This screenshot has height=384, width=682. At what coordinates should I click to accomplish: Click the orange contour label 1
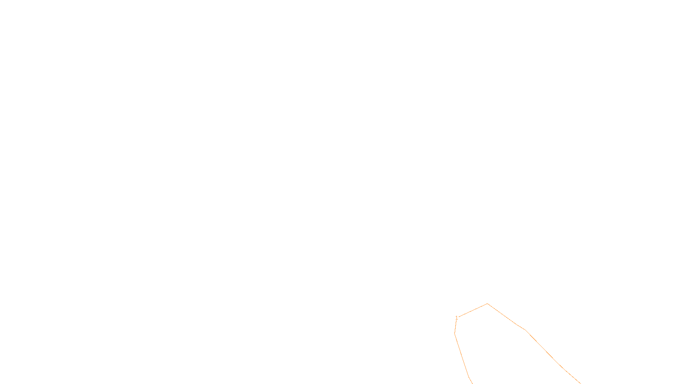tap(457, 317)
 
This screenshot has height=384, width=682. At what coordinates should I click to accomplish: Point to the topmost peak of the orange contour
tap(487, 304)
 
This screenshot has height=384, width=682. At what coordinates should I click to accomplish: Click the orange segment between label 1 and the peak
tap(472, 311)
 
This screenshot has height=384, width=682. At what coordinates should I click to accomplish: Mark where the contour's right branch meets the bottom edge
tap(580, 383)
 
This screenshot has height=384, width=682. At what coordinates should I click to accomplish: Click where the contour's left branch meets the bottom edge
tap(472, 383)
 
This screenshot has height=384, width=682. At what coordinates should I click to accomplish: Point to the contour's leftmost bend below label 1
tap(455, 333)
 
